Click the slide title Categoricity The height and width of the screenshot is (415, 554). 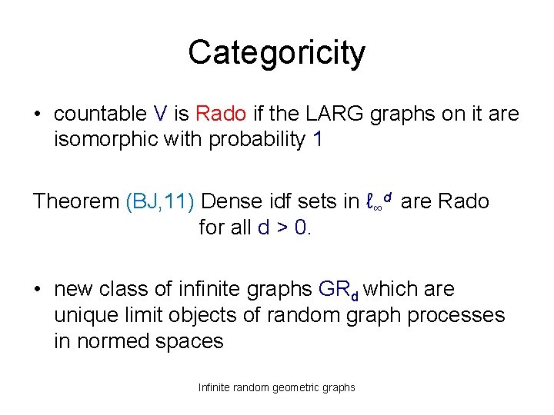click(276, 53)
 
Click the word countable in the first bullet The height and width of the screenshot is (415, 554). click(99, 115)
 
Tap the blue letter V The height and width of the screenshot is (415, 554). click(160, 115)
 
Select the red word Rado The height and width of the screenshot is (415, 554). click(221, 115)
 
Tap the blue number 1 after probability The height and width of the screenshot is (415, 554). click(319, 141)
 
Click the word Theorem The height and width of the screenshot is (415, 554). click(75, 202)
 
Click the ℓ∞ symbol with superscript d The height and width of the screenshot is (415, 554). click(379, 202)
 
